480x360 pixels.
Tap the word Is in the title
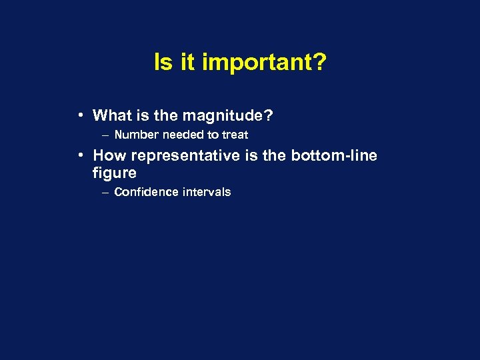point(162,63)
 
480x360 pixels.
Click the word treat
point(235,135)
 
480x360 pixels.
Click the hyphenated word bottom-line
point(334,156)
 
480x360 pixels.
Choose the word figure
point(114,173)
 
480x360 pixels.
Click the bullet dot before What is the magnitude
point(79,115)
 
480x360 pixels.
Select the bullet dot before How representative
point(79,155)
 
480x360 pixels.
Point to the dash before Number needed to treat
point(106,135)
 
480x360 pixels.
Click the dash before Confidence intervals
point(106,193)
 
